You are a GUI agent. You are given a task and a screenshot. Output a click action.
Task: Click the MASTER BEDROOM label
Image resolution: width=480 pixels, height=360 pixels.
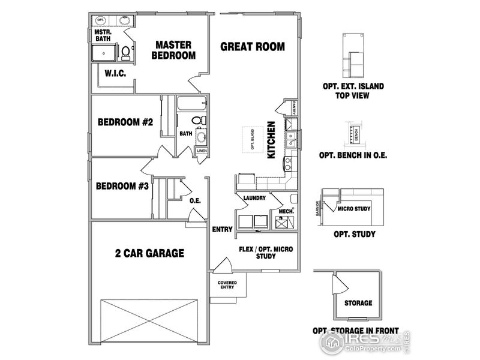(173, 50)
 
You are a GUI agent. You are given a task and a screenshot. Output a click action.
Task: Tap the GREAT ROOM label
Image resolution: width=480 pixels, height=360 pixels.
(252, 46)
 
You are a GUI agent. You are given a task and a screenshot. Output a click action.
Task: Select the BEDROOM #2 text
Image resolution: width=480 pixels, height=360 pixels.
(126, 122)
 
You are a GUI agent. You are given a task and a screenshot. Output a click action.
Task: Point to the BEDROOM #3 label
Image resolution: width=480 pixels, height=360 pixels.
(122, 186)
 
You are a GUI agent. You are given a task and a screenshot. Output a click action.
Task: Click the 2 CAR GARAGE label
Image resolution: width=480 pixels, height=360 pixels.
(149, 253)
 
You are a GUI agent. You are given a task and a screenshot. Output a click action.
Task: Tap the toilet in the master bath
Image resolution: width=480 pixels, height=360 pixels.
(126, 54)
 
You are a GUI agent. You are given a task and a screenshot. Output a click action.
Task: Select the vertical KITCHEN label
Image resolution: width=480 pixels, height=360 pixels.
(271, 140)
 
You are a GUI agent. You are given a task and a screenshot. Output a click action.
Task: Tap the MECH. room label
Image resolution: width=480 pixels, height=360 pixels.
(286, 211)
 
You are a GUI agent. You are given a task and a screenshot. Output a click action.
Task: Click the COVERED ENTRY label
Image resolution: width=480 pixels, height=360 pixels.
(226, 284)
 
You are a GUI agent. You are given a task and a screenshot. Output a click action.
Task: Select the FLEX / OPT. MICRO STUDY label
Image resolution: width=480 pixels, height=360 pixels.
(266, 253)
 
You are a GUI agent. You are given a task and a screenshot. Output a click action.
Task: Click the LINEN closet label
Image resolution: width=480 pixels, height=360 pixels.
(202, 151)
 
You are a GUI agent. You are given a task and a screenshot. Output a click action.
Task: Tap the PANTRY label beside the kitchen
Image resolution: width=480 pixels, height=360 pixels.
(294, 108)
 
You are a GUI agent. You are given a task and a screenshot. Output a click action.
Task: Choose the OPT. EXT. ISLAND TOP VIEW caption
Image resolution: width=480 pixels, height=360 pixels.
(353, 91)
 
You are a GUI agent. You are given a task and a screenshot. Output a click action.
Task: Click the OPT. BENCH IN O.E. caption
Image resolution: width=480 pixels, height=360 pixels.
(353, 155)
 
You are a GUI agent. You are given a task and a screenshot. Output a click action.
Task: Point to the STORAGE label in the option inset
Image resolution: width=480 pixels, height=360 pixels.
(358, 303)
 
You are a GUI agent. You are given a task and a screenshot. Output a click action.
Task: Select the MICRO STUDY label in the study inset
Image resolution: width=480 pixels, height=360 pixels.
(353, 209)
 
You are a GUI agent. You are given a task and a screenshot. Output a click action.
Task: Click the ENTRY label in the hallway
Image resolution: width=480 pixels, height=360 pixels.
(222, 229)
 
